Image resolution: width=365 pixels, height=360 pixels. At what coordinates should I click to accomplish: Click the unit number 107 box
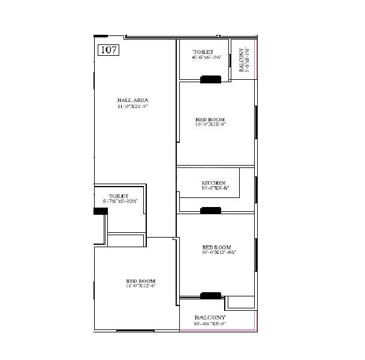click(x=108, y=50)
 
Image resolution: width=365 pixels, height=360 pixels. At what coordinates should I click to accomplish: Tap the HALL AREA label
click(x=132, y=100)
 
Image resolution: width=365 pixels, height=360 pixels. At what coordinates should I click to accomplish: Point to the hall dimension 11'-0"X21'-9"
click(x=132, y=106)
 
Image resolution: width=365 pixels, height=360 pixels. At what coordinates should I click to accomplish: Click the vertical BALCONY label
click(x=242, y=61)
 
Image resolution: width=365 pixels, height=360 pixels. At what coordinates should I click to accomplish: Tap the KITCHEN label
click(x=213, y=182)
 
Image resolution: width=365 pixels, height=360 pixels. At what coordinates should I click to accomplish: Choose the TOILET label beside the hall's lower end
click(x=119, y=196)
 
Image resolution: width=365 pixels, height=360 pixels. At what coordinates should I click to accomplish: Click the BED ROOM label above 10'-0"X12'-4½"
click(x=216, y=247)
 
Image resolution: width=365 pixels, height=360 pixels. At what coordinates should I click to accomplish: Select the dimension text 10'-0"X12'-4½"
click(x=219, y=253)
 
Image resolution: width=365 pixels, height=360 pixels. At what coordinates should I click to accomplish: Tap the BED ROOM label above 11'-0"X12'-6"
click(x=140, y=281)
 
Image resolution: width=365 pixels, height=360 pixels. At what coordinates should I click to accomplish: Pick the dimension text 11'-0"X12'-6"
click(x=141, y=286)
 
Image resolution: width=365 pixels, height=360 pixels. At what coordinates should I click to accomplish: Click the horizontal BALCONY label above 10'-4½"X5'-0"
click(x=210, y=317)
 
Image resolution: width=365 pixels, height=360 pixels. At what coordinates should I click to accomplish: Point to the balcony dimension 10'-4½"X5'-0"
click(x=210, y=324)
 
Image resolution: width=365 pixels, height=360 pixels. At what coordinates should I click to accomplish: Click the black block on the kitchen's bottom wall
click(x=210, y=210)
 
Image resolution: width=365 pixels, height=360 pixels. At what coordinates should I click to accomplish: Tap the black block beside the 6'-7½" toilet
click(x=101, y=211)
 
